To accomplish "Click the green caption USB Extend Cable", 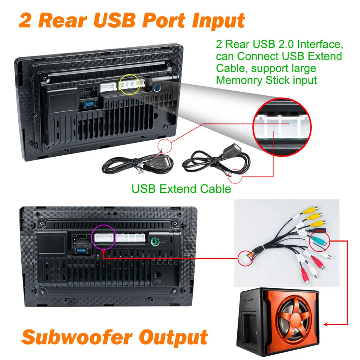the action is pos(181,189).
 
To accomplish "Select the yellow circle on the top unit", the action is pos(129,85).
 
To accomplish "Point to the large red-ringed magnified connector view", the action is pos(282,126).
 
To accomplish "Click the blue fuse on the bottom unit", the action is pos(81,250).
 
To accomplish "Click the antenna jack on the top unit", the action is pos(158,87).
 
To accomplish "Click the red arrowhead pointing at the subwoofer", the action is pos(326,325).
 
